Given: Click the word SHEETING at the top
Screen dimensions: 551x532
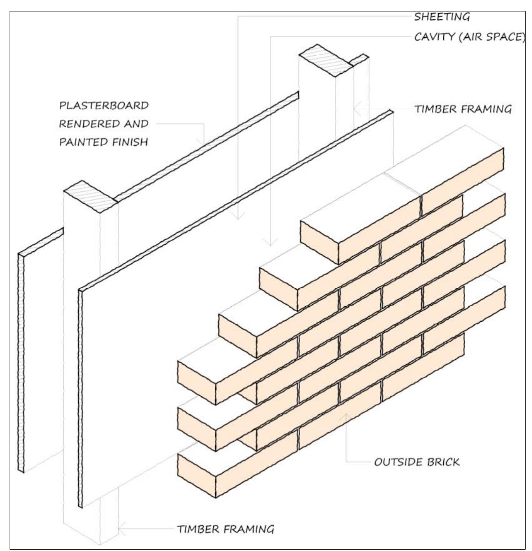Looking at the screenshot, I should click(x=441, y=17).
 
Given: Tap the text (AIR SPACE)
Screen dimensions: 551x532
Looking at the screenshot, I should click(x=491, y=37).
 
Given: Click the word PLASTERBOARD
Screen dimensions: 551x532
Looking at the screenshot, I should click(x=104, y=106).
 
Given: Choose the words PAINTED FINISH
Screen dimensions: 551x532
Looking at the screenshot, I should click(x=104, y=142).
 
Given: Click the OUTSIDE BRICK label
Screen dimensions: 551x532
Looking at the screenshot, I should click(x=417, y=462).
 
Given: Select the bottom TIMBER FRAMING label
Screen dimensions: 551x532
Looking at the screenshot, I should click(x=226, y=529).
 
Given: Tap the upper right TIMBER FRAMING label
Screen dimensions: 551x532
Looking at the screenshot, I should click(x=462, y=109).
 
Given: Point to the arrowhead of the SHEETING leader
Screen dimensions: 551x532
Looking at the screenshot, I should click(x=237, y=216).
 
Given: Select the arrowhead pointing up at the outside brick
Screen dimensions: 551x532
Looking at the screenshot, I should click(x=346, y=416).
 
